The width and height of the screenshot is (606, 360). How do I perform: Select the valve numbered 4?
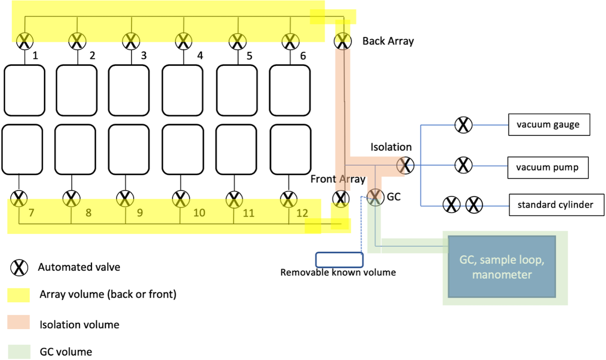tap(184, 40)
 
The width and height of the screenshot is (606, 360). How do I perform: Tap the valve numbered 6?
tap(290, 40)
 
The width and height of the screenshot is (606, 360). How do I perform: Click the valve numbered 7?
tap(19, 199)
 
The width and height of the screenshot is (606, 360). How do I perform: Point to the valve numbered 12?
tap(287, 199)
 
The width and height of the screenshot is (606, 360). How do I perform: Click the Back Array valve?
tap(342, 40)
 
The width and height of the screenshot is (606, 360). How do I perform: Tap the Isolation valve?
tap(405, 165)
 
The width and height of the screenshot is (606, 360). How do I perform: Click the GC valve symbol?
tap(375, 197)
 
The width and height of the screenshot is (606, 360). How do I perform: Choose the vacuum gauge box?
tap(549, 124)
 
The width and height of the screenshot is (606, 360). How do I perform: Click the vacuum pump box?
tap(547, 167)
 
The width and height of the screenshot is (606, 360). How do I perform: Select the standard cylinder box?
tap(548, 205)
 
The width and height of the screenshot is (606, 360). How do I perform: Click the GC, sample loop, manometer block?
tap(502, 267)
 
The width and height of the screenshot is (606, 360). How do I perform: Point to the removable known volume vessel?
tap(339, 260)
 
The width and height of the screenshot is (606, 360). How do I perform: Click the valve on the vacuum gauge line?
tap(463, 124)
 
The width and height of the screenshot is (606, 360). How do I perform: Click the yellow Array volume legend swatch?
tap(18, 295)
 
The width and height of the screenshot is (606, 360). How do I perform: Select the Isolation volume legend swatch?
tap(18, 323)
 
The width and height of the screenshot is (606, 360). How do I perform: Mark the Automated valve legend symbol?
tap(18, 267)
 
